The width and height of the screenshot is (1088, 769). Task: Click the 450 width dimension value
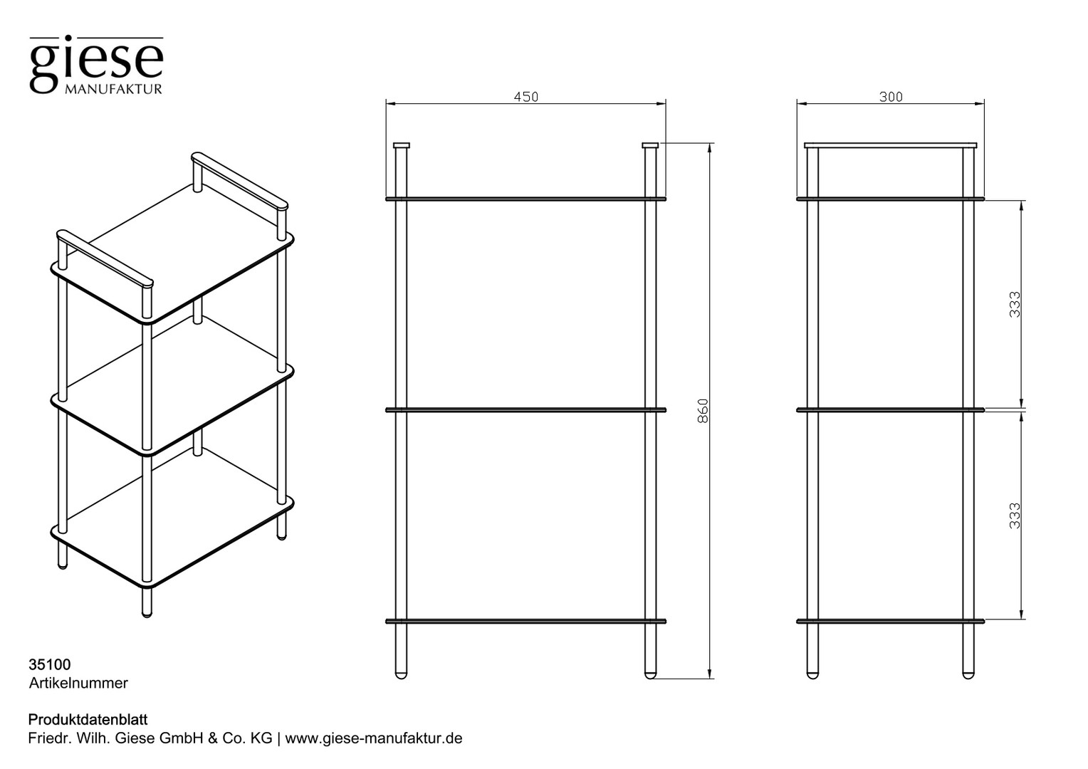coord(526,97)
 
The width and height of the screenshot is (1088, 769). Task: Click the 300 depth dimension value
coord(891,97)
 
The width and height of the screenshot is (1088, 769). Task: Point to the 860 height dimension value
coord(703,411)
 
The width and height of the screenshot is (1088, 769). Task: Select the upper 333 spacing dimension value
coord(1015,305)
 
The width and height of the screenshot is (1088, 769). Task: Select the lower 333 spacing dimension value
coord(1015,516)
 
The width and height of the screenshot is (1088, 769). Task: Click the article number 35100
coord(50,664)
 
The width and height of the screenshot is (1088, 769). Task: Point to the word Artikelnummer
coord(78,683)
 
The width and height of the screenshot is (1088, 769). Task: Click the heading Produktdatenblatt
coord(88,719)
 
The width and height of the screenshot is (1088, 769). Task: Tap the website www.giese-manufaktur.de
coord(374,738)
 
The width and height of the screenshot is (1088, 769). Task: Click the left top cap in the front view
coord(401,145)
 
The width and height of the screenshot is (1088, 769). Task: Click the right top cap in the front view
coord(650,145)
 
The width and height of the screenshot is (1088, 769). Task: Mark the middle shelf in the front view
coord(526,410)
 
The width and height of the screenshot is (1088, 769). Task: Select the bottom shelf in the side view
coord(890,622)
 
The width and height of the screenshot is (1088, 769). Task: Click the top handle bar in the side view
coord(890,145)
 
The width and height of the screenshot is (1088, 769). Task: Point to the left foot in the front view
coord(401,675)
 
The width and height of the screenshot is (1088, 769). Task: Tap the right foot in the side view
coord(968,675)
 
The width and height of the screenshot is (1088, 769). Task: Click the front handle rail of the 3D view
coord(105,258)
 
